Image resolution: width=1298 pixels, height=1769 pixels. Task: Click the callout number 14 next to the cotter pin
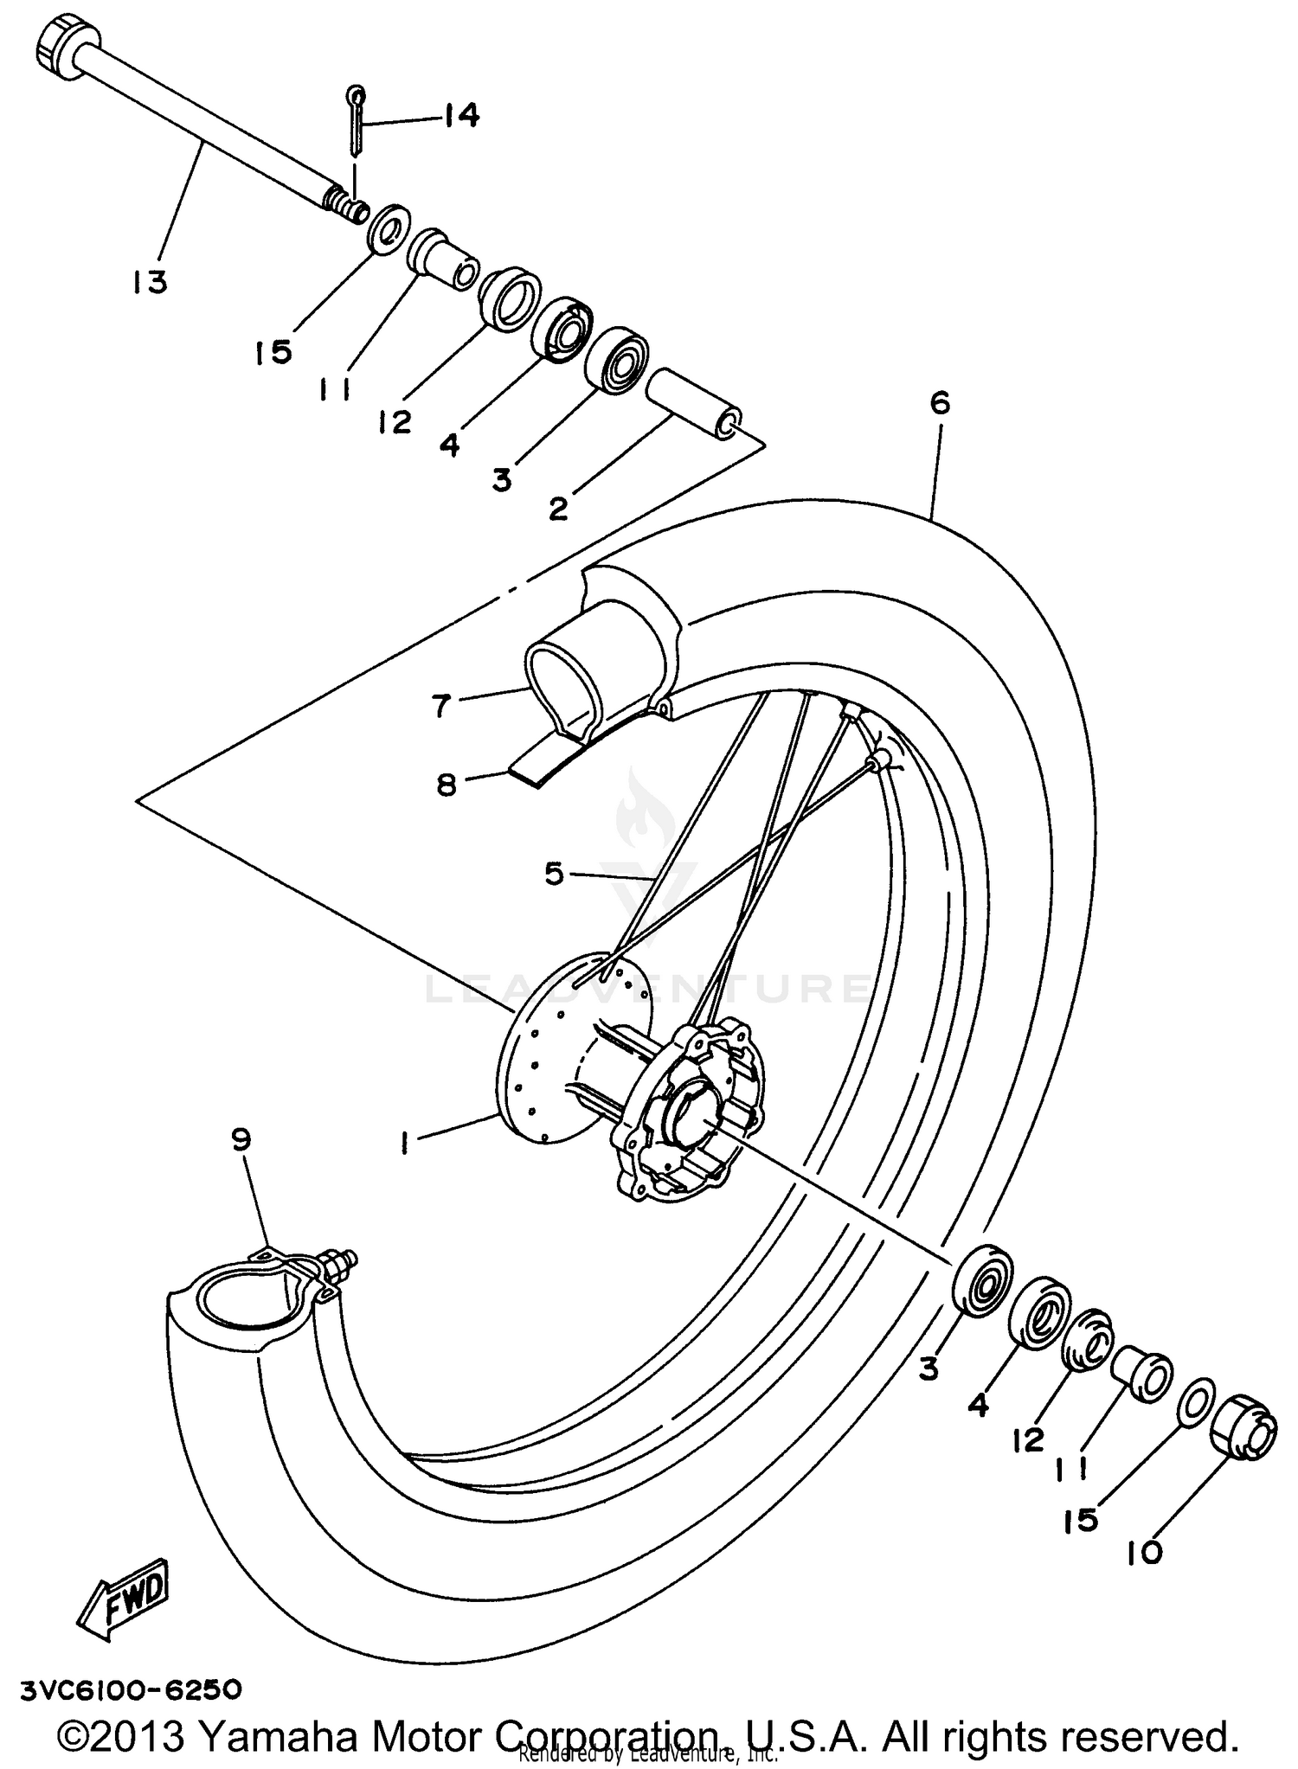[x=461, y=115]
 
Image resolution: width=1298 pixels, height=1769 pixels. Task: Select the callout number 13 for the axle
[x=150, y=282]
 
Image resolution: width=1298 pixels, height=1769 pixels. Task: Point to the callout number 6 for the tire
[x=940, y=403]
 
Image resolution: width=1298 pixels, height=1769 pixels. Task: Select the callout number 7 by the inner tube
[x=441, y=706]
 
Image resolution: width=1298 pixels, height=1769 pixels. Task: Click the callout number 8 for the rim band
[x=447, y=786]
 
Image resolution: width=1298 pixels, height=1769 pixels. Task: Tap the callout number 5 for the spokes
[x=554, y=874]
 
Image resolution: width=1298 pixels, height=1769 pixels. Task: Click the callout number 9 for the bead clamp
[x=241, y=1139]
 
